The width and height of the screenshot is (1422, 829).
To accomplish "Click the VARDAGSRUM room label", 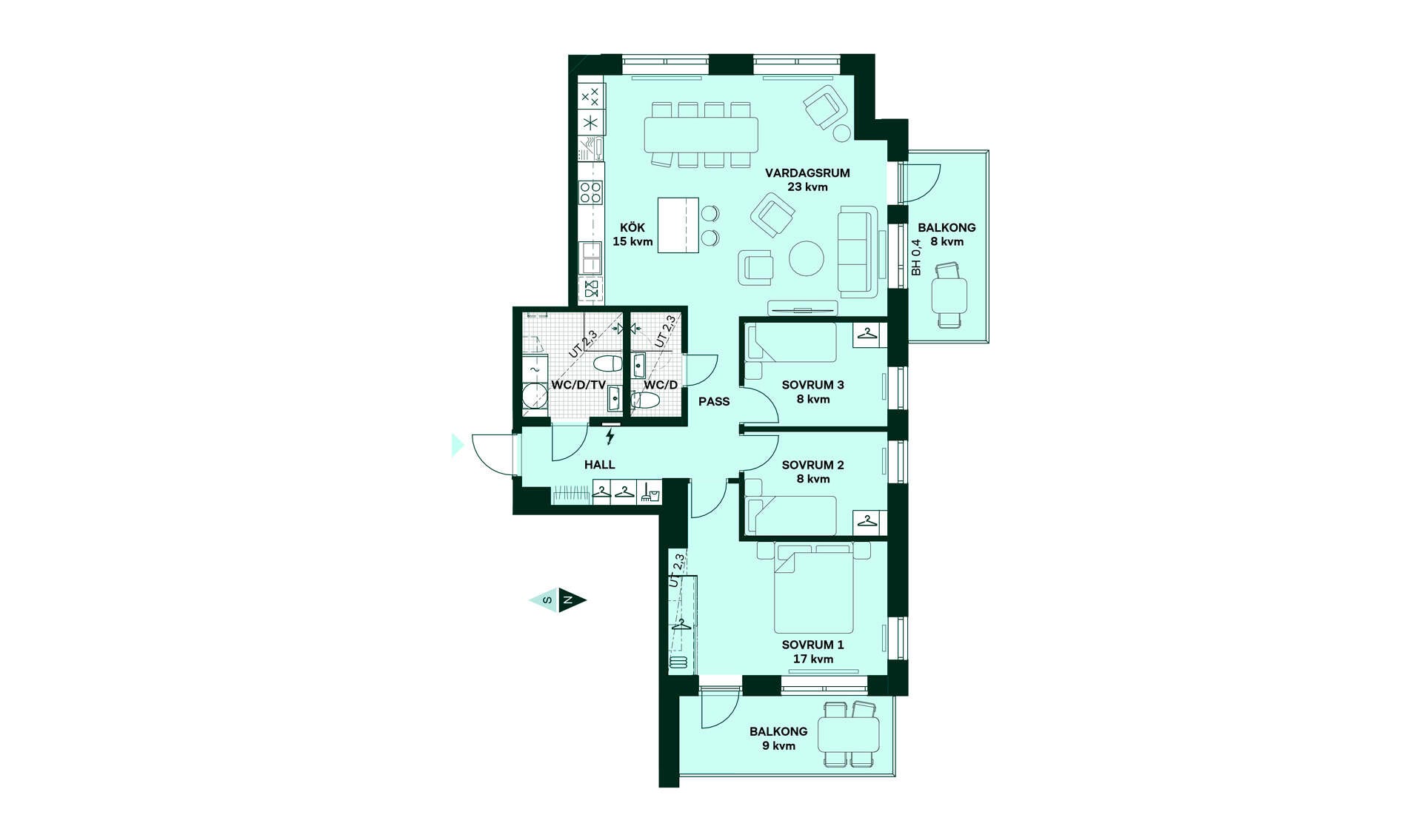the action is tap(807, 173).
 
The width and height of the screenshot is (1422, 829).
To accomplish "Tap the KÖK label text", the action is tap(632, 228).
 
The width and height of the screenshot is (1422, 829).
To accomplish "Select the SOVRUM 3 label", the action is tap(812, 385).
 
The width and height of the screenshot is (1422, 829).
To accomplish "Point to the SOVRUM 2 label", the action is tap(812, 465).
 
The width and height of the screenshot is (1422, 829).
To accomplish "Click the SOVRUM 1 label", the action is tap(812, 645).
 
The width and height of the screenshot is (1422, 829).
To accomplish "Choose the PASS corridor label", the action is tap(714, 401).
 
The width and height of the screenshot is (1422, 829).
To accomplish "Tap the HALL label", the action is tap(599, 465).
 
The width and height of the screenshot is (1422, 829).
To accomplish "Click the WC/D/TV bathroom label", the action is tap(578, 385).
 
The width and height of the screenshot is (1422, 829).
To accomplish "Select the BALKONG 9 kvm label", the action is tap(778, 739).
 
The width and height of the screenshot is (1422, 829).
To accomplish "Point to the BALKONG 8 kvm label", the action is tap(947, 235).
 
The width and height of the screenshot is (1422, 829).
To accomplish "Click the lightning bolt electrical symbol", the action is tap(610, 436).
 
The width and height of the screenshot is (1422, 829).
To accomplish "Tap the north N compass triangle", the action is tap(572, 600).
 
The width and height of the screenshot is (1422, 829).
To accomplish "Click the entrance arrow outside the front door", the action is tap(458, 445).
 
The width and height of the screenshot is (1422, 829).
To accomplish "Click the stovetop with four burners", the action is tap(591, 192).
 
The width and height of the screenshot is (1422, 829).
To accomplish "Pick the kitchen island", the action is tap(678, 225).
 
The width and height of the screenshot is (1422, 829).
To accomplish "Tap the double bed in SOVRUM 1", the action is tap(813, 588).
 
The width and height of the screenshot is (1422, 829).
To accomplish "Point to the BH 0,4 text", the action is tap(916, 258).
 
